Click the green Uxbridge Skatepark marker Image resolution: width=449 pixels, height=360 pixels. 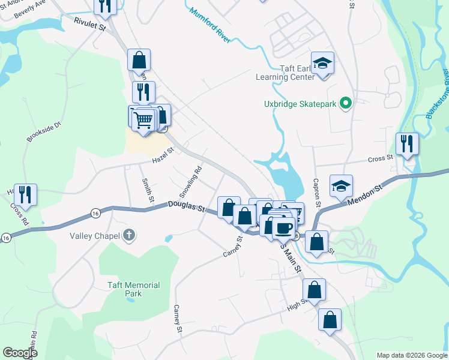(345, 104)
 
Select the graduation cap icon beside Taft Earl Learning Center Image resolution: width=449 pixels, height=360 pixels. (322, 64)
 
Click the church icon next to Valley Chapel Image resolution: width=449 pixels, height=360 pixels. (128, 236)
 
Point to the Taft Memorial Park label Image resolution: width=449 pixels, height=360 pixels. (133, 289)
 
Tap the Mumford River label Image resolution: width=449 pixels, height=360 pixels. (209, 24)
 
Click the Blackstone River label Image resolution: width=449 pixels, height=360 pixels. (438, 94)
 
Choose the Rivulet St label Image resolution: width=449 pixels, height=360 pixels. (89, 23)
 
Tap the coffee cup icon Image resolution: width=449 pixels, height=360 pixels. (283, 228)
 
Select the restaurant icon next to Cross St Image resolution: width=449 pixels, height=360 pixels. (408, 144)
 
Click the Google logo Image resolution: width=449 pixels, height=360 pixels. (20, 353)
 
